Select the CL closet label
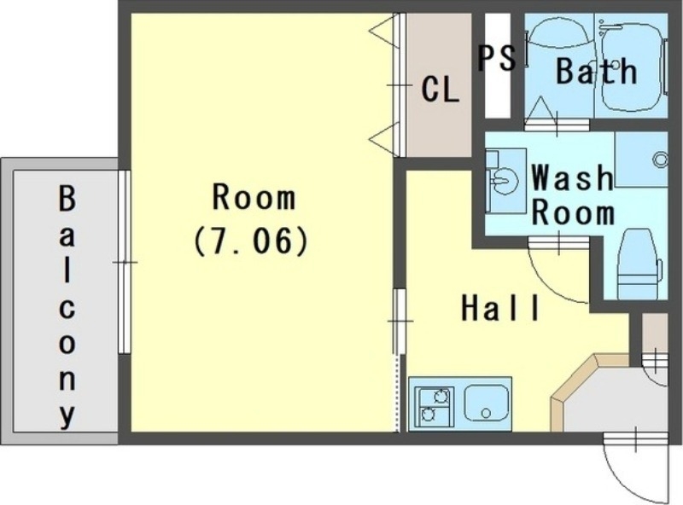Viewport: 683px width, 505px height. pyautogui.click(x=440, y=89)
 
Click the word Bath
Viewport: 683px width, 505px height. pyautogui.click(x=596, y=71)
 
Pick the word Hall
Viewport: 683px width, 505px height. pyautogui.click(x=500, y=308)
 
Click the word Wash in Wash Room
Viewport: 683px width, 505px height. pyautogui.click(x=572, y=177)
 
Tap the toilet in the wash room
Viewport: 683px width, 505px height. pyautogui.click(x=639, y=264)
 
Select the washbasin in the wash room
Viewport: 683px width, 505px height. pyautogui.click(x=505, y=180)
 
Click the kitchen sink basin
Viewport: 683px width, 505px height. pyautogui.click(x=487, y=403)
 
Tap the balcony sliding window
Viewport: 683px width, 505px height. pyautogui.click(x=124, y=262)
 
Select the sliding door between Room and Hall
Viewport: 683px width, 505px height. pyautogui.click(x=398, y=321)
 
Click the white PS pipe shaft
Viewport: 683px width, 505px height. pyautogui.click(x=498, y=66)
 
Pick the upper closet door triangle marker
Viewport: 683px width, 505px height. pyautogui.click(x=384, y=30)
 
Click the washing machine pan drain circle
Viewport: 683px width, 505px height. pyautogui.click(x=660, y=159)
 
